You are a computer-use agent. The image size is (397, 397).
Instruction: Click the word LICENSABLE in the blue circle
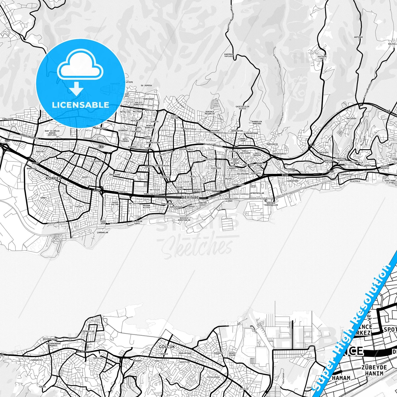point(80,105)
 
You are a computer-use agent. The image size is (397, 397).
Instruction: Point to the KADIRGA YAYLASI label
point(229,56)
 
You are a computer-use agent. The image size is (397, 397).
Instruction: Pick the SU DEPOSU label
point(146,85)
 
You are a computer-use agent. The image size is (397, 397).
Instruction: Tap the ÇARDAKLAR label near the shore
point(102,232)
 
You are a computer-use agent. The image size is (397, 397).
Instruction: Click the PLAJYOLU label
point(355,181)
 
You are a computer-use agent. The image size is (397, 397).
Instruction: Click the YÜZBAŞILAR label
point(88,331)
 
